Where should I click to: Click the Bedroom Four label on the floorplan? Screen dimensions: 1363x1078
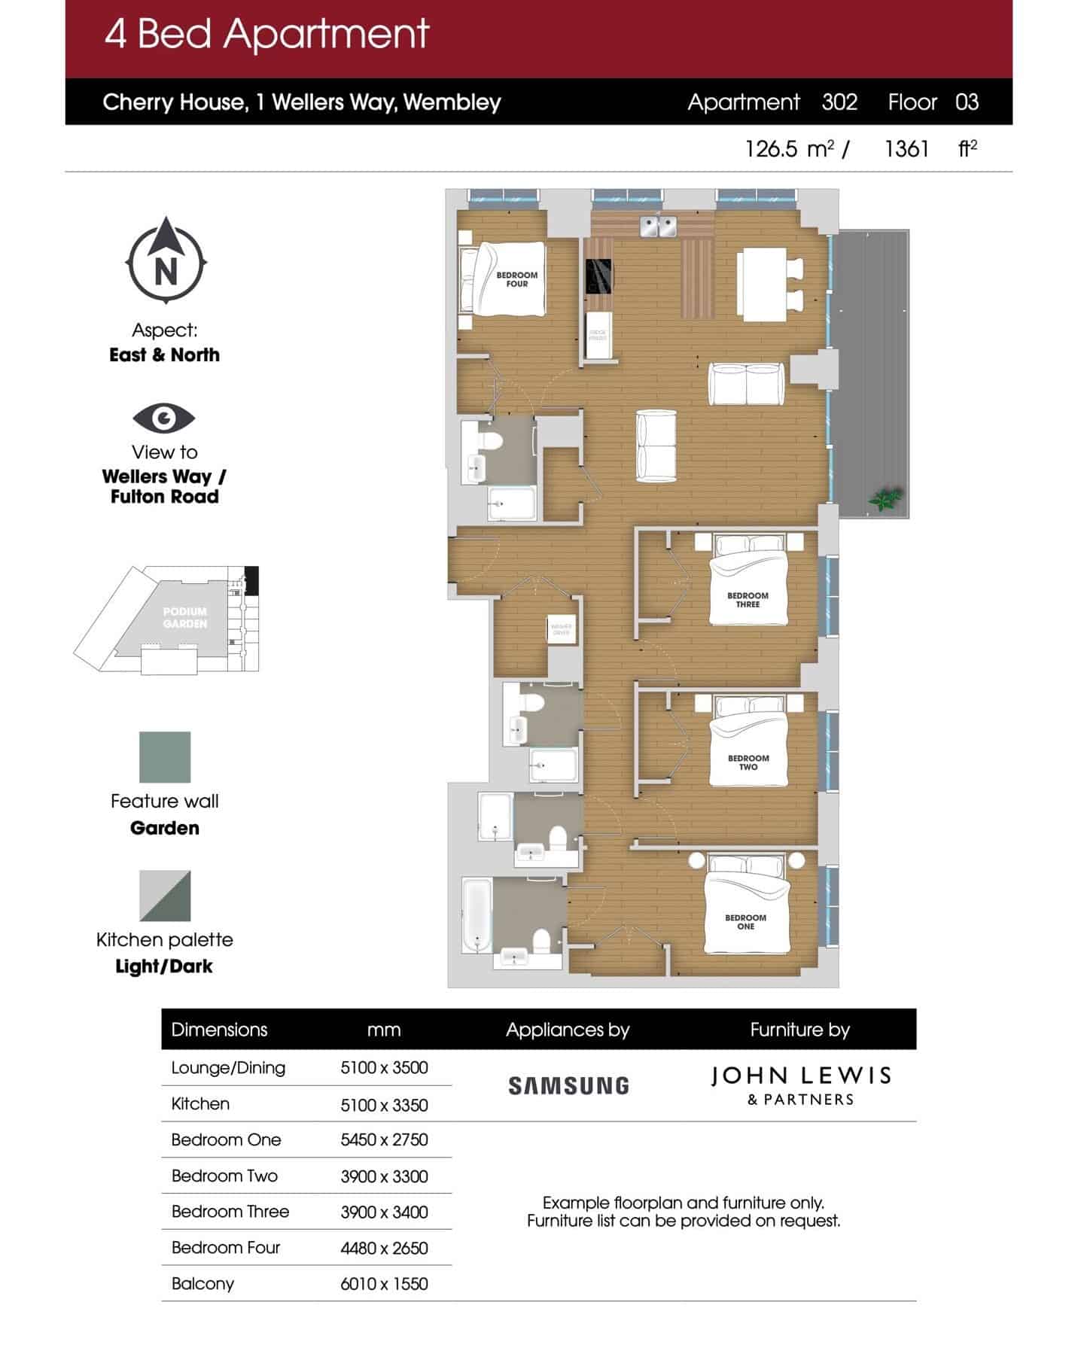pos(516,279)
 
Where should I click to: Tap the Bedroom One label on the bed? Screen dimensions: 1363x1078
pos(745,922)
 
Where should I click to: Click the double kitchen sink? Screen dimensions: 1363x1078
pos(659,225)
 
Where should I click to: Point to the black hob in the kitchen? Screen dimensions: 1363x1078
pos(598,276)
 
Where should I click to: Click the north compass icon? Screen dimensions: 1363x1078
pos(166,260)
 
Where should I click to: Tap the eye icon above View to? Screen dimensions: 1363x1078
pos(164,418)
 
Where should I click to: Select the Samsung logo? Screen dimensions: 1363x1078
pos(568,1085)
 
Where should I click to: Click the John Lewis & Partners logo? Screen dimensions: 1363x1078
pos(800,1085)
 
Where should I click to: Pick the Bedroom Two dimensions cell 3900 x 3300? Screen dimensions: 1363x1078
pos(384,1176)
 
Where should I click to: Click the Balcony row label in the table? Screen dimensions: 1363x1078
pos(203,1284)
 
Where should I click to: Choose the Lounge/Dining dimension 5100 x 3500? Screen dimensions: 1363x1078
pos(384,1068)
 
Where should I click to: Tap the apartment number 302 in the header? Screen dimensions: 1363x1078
pos(839,102)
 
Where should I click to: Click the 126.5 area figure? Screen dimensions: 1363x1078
pos(771,149)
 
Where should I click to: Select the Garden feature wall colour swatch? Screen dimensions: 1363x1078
pos(165,757)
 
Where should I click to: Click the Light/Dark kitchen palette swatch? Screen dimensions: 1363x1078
pos(165,896)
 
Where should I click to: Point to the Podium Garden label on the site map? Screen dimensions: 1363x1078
pos(185,617)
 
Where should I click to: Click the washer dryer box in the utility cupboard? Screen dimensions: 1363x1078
pos(562,629)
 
